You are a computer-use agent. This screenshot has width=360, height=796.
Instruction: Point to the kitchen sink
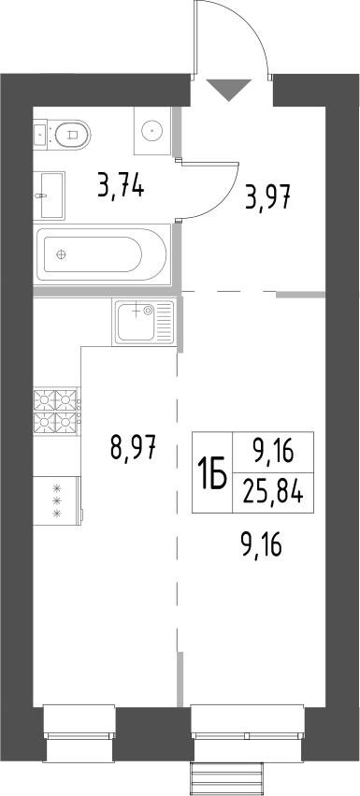point(143,322)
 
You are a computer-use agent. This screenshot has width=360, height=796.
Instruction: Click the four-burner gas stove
point(57,412)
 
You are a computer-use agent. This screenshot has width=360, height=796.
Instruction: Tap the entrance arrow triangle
point(229,90)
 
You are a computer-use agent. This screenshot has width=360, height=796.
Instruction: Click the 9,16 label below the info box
point(261,542)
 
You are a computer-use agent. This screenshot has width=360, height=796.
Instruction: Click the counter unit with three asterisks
point(56,500)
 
